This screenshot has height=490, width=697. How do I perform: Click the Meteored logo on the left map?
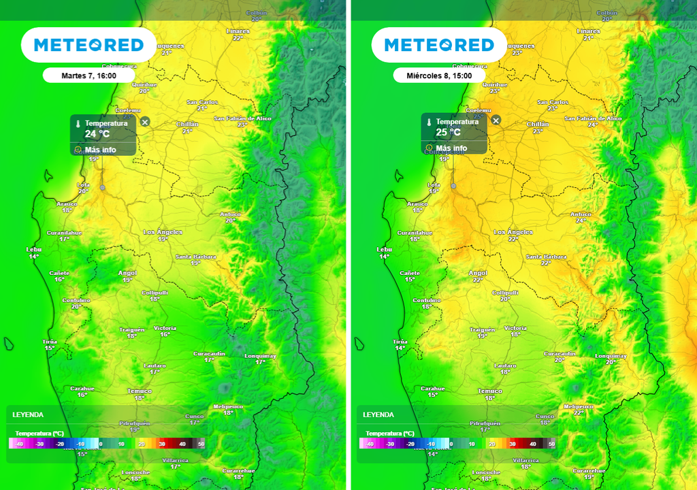[88, 45]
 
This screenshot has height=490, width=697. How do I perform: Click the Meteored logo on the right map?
[439, 45]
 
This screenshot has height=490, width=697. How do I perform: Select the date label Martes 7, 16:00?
[88, 76]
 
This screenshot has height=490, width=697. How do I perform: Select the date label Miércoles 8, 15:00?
[439, 76]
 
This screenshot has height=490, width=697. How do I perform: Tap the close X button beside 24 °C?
[145, 121]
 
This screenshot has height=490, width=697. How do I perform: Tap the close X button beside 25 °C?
[496, 120]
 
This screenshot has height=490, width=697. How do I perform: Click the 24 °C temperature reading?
[97, 134]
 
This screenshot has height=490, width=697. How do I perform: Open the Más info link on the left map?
[99, 149]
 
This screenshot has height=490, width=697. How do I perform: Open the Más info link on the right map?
[451, 148]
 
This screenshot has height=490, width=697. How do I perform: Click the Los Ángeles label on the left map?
[163, 232]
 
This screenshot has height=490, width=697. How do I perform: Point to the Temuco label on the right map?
[490, 391]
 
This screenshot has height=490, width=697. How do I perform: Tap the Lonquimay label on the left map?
[260, 356]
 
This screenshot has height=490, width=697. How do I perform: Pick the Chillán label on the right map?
[538, 124]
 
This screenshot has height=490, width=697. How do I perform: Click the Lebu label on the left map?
[34, 250]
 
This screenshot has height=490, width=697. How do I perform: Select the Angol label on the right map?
[478, 273]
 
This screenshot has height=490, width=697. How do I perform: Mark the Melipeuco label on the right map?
[579, 406]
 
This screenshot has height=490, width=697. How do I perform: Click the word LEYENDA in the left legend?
[28, 414]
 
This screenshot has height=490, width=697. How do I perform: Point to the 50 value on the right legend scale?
[551, 443]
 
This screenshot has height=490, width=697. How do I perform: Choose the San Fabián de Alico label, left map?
[242, 118]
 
